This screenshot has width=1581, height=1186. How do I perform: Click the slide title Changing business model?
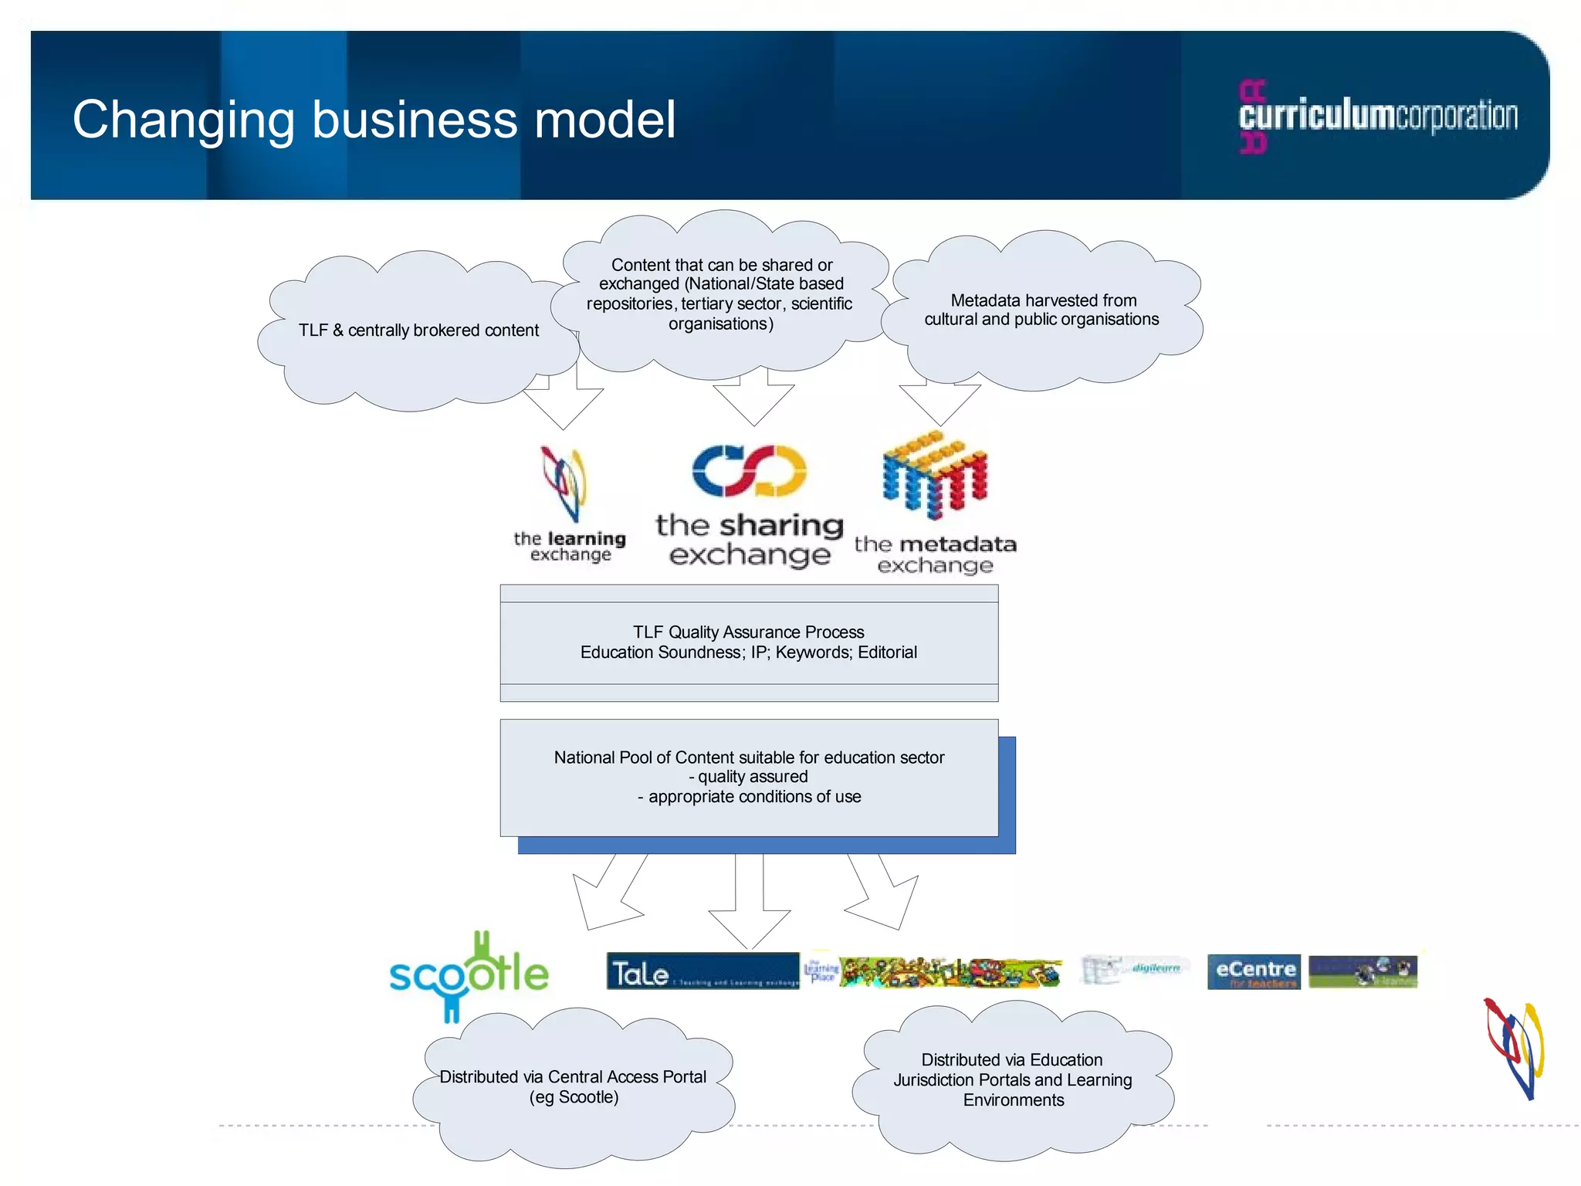[374, 120]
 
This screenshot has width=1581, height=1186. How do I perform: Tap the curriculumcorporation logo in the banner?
[1377, 116]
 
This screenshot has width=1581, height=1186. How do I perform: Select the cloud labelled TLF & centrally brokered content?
[418, 331]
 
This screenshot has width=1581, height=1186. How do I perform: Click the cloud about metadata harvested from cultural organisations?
[1041, 311]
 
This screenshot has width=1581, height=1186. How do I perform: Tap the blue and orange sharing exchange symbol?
[749, 470]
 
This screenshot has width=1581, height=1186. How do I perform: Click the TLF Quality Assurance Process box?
[748, 642]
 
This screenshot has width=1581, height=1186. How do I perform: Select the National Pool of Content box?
[748, 777]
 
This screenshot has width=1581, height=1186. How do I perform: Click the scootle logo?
[469, 974]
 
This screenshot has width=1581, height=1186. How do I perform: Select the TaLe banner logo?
[702, 971]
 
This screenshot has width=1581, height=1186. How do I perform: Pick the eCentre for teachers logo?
[1253, 972]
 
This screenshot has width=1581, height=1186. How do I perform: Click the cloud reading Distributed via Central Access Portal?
[573, 1087]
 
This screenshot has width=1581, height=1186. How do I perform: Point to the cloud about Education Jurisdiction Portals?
[1012, 1080]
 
